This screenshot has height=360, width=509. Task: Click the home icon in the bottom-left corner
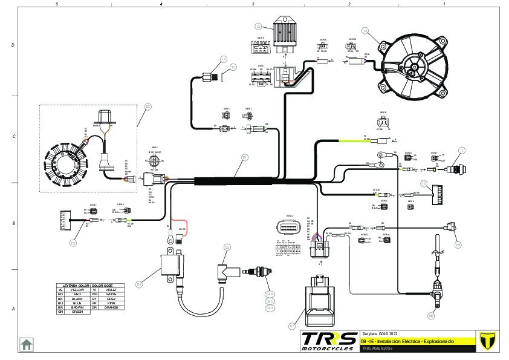pyautogui.click(x=27, y=344)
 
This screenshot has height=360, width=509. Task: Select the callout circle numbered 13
pyautogui.click(x=365, y=30)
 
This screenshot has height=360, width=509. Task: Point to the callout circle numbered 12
pyautogui.click(x=258, y=26)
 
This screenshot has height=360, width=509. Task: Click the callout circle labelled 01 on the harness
pyautogui.click(x=245, y=157)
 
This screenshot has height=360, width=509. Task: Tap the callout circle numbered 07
pyautogui.click(x=291, y=326)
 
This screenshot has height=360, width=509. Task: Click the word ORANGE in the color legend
pyautogui.click(x=111, y=307)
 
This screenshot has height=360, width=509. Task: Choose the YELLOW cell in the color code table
pyautogui.click(x=77, y=290)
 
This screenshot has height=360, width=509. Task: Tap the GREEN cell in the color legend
pyautogui.click(x=77, y=312)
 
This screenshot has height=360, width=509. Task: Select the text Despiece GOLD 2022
pyautogui.click(x=379, y=333)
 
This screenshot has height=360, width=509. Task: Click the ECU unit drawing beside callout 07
pyautogui.click(x=319, y=301)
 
